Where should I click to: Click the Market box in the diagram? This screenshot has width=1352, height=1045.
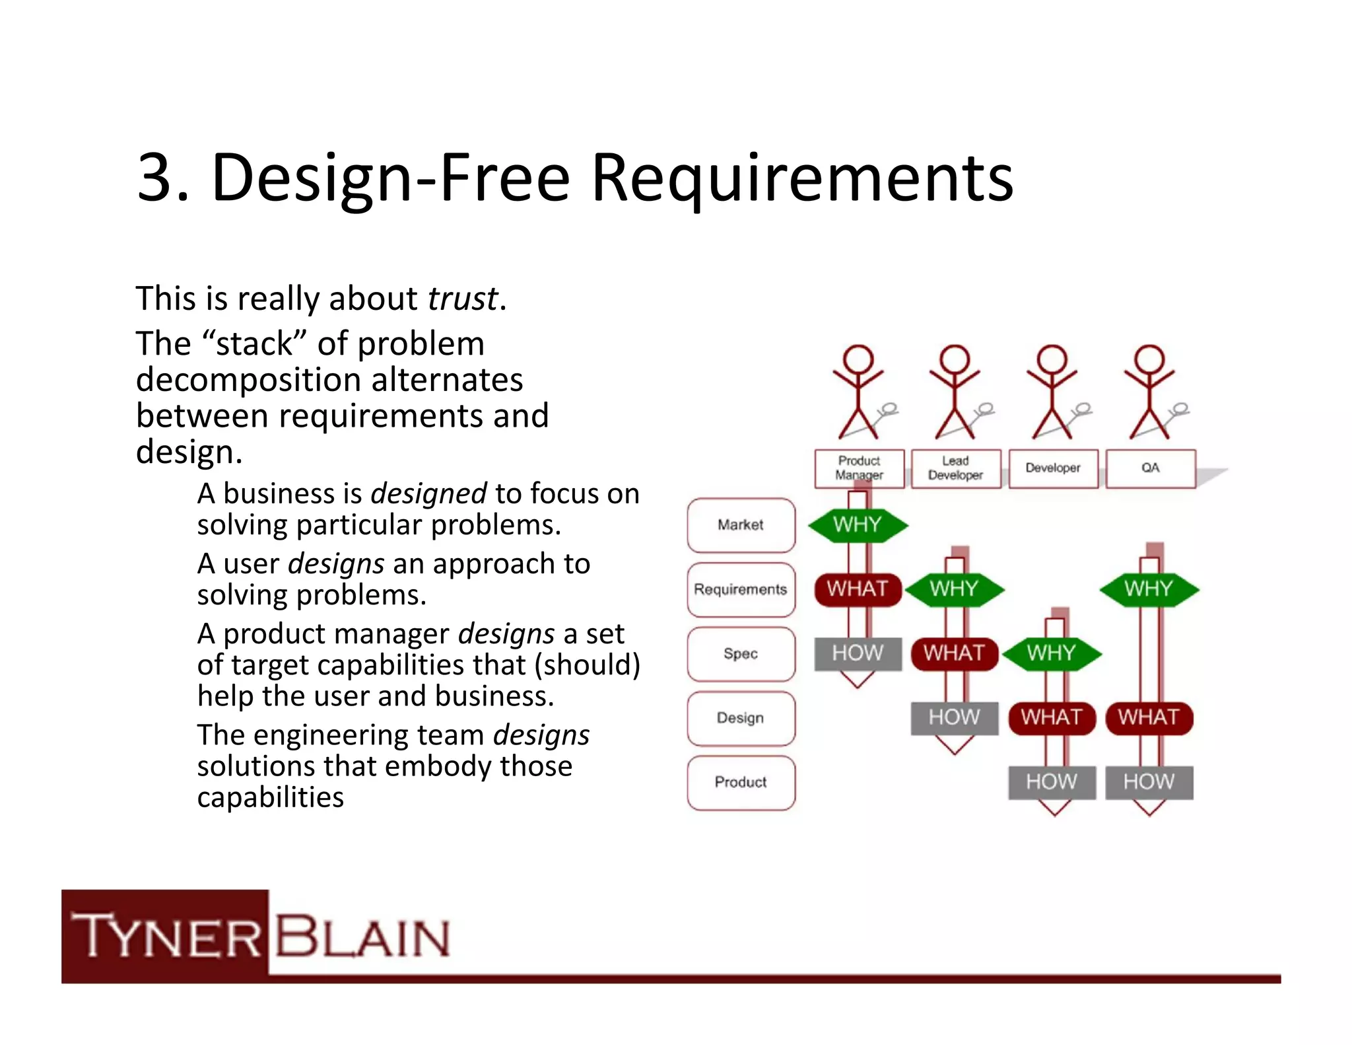tap(741, 525)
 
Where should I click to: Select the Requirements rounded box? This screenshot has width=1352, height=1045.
tap(741, 589)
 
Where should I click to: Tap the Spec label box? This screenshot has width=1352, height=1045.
tap(741, 654)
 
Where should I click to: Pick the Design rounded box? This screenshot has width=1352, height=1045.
tap(741, 718)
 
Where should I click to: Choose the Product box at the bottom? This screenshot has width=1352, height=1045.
tap(741, 782)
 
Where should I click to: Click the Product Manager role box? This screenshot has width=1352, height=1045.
tap(859, 468)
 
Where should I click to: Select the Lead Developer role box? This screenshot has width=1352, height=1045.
tap(955, 468)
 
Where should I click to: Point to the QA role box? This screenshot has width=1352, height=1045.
tap(1150, 468)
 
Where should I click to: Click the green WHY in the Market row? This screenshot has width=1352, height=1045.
tap(858, 525)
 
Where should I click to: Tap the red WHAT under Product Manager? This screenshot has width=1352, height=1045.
tap(858, 589)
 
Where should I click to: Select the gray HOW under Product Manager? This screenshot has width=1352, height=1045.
tap(858, 653)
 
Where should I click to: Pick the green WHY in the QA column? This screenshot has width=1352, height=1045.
tap(1149, 589)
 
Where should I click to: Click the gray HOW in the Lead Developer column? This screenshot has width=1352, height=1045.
tap(955, 717)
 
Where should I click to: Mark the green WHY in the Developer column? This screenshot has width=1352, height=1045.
tap(1052, 653)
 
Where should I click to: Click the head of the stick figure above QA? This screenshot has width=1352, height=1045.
tap(1149, 359)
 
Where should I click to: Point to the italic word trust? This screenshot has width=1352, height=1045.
tap(463, 299)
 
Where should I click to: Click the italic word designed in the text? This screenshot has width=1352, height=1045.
tap(428, 493)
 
